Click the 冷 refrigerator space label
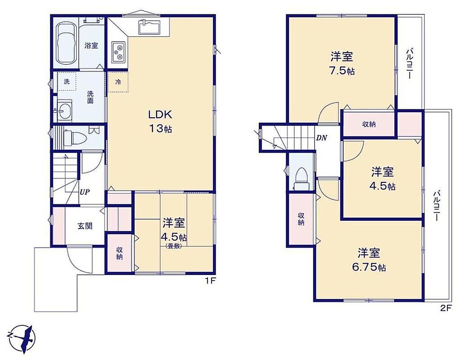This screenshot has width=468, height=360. point(118,82)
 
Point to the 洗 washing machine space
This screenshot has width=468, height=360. point(67,81)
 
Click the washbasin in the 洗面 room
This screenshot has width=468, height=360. point(64,111)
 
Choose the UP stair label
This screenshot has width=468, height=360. point(85,192)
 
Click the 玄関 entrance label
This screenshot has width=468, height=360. point(85,226)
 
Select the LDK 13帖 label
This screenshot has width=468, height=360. point(160,121)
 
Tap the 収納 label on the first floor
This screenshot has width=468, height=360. point(119,253)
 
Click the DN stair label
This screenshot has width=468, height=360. point(322,138)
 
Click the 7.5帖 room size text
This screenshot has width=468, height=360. point(342,71)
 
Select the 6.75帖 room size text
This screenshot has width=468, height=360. point(369,267)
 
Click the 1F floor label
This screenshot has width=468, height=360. point(210,281)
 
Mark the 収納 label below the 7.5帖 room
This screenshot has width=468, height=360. point(369,124)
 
